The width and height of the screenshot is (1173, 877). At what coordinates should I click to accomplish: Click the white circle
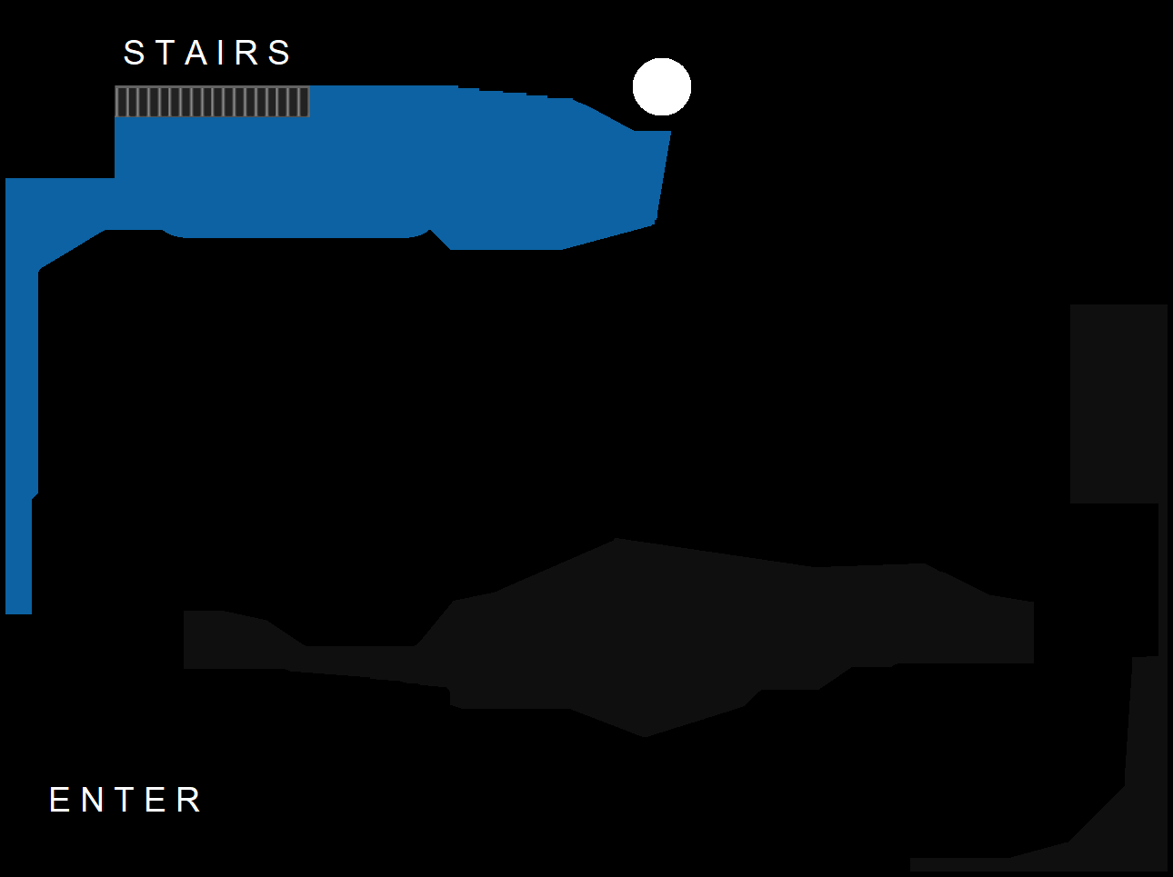click(x=662, y=86)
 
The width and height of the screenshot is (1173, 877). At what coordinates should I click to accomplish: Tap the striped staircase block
click(x=212, y=102)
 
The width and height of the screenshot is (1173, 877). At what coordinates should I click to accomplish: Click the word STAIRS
click(x=207, y=53)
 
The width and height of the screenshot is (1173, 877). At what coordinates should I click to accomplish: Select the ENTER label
click(x=125, y=800)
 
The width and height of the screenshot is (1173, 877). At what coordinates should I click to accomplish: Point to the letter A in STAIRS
click(x=196, y=53)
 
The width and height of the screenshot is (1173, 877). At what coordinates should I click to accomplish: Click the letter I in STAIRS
click(x=221, y=53)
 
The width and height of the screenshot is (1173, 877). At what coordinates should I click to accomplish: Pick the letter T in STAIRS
click(x=165, y=53)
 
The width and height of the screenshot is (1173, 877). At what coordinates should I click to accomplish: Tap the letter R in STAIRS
click(x=246, y=53)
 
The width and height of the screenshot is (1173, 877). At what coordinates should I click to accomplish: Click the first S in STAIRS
click(x=135, y=53)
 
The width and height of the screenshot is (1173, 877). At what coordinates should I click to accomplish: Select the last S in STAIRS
click(x=280, y=53)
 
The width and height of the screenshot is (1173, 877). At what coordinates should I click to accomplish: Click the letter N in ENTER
click(x=93, y=800)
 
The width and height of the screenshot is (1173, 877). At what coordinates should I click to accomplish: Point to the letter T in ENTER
click(x=125, y=800)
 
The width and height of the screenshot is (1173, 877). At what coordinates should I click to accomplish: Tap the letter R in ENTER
click(x=189, y=800)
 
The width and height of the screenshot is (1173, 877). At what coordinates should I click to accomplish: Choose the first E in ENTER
click(x=59, y=800)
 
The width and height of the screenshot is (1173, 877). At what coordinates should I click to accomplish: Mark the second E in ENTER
click(x=155, y=800)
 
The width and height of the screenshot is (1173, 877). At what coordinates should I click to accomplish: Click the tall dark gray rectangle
click(x=1118, y=404)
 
